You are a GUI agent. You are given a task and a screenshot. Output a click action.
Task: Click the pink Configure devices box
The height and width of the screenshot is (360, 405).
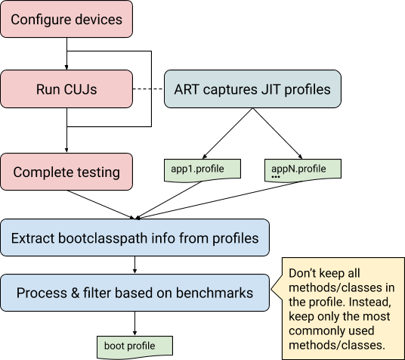coord(66,18)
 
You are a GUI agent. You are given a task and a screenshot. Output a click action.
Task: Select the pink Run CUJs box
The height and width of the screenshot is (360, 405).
coord(66,89)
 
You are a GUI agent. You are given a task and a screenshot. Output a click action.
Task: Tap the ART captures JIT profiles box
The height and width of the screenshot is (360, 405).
coord(252,89)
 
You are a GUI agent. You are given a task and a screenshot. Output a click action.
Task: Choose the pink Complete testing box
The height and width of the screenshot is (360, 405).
coord(66,172)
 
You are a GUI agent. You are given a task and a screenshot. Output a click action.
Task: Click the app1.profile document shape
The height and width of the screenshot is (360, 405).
coord(202,169)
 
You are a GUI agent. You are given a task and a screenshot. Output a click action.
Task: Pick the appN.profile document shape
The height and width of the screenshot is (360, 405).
coord(302,169)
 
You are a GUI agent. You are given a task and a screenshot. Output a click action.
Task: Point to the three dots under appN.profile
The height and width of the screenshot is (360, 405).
coord(276,177)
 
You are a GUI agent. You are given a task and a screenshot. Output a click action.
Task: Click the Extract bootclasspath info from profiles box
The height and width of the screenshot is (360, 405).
coord(134,238)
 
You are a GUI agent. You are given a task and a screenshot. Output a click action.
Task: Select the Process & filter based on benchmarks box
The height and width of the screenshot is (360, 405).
coord(134,293)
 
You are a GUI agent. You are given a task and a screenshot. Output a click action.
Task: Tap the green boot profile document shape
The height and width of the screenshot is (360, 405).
coord(134,346)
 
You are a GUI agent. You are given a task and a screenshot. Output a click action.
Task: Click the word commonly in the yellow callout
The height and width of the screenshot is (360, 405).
coord(314,331)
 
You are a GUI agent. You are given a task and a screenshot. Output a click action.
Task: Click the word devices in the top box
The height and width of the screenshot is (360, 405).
coord(96,18)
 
